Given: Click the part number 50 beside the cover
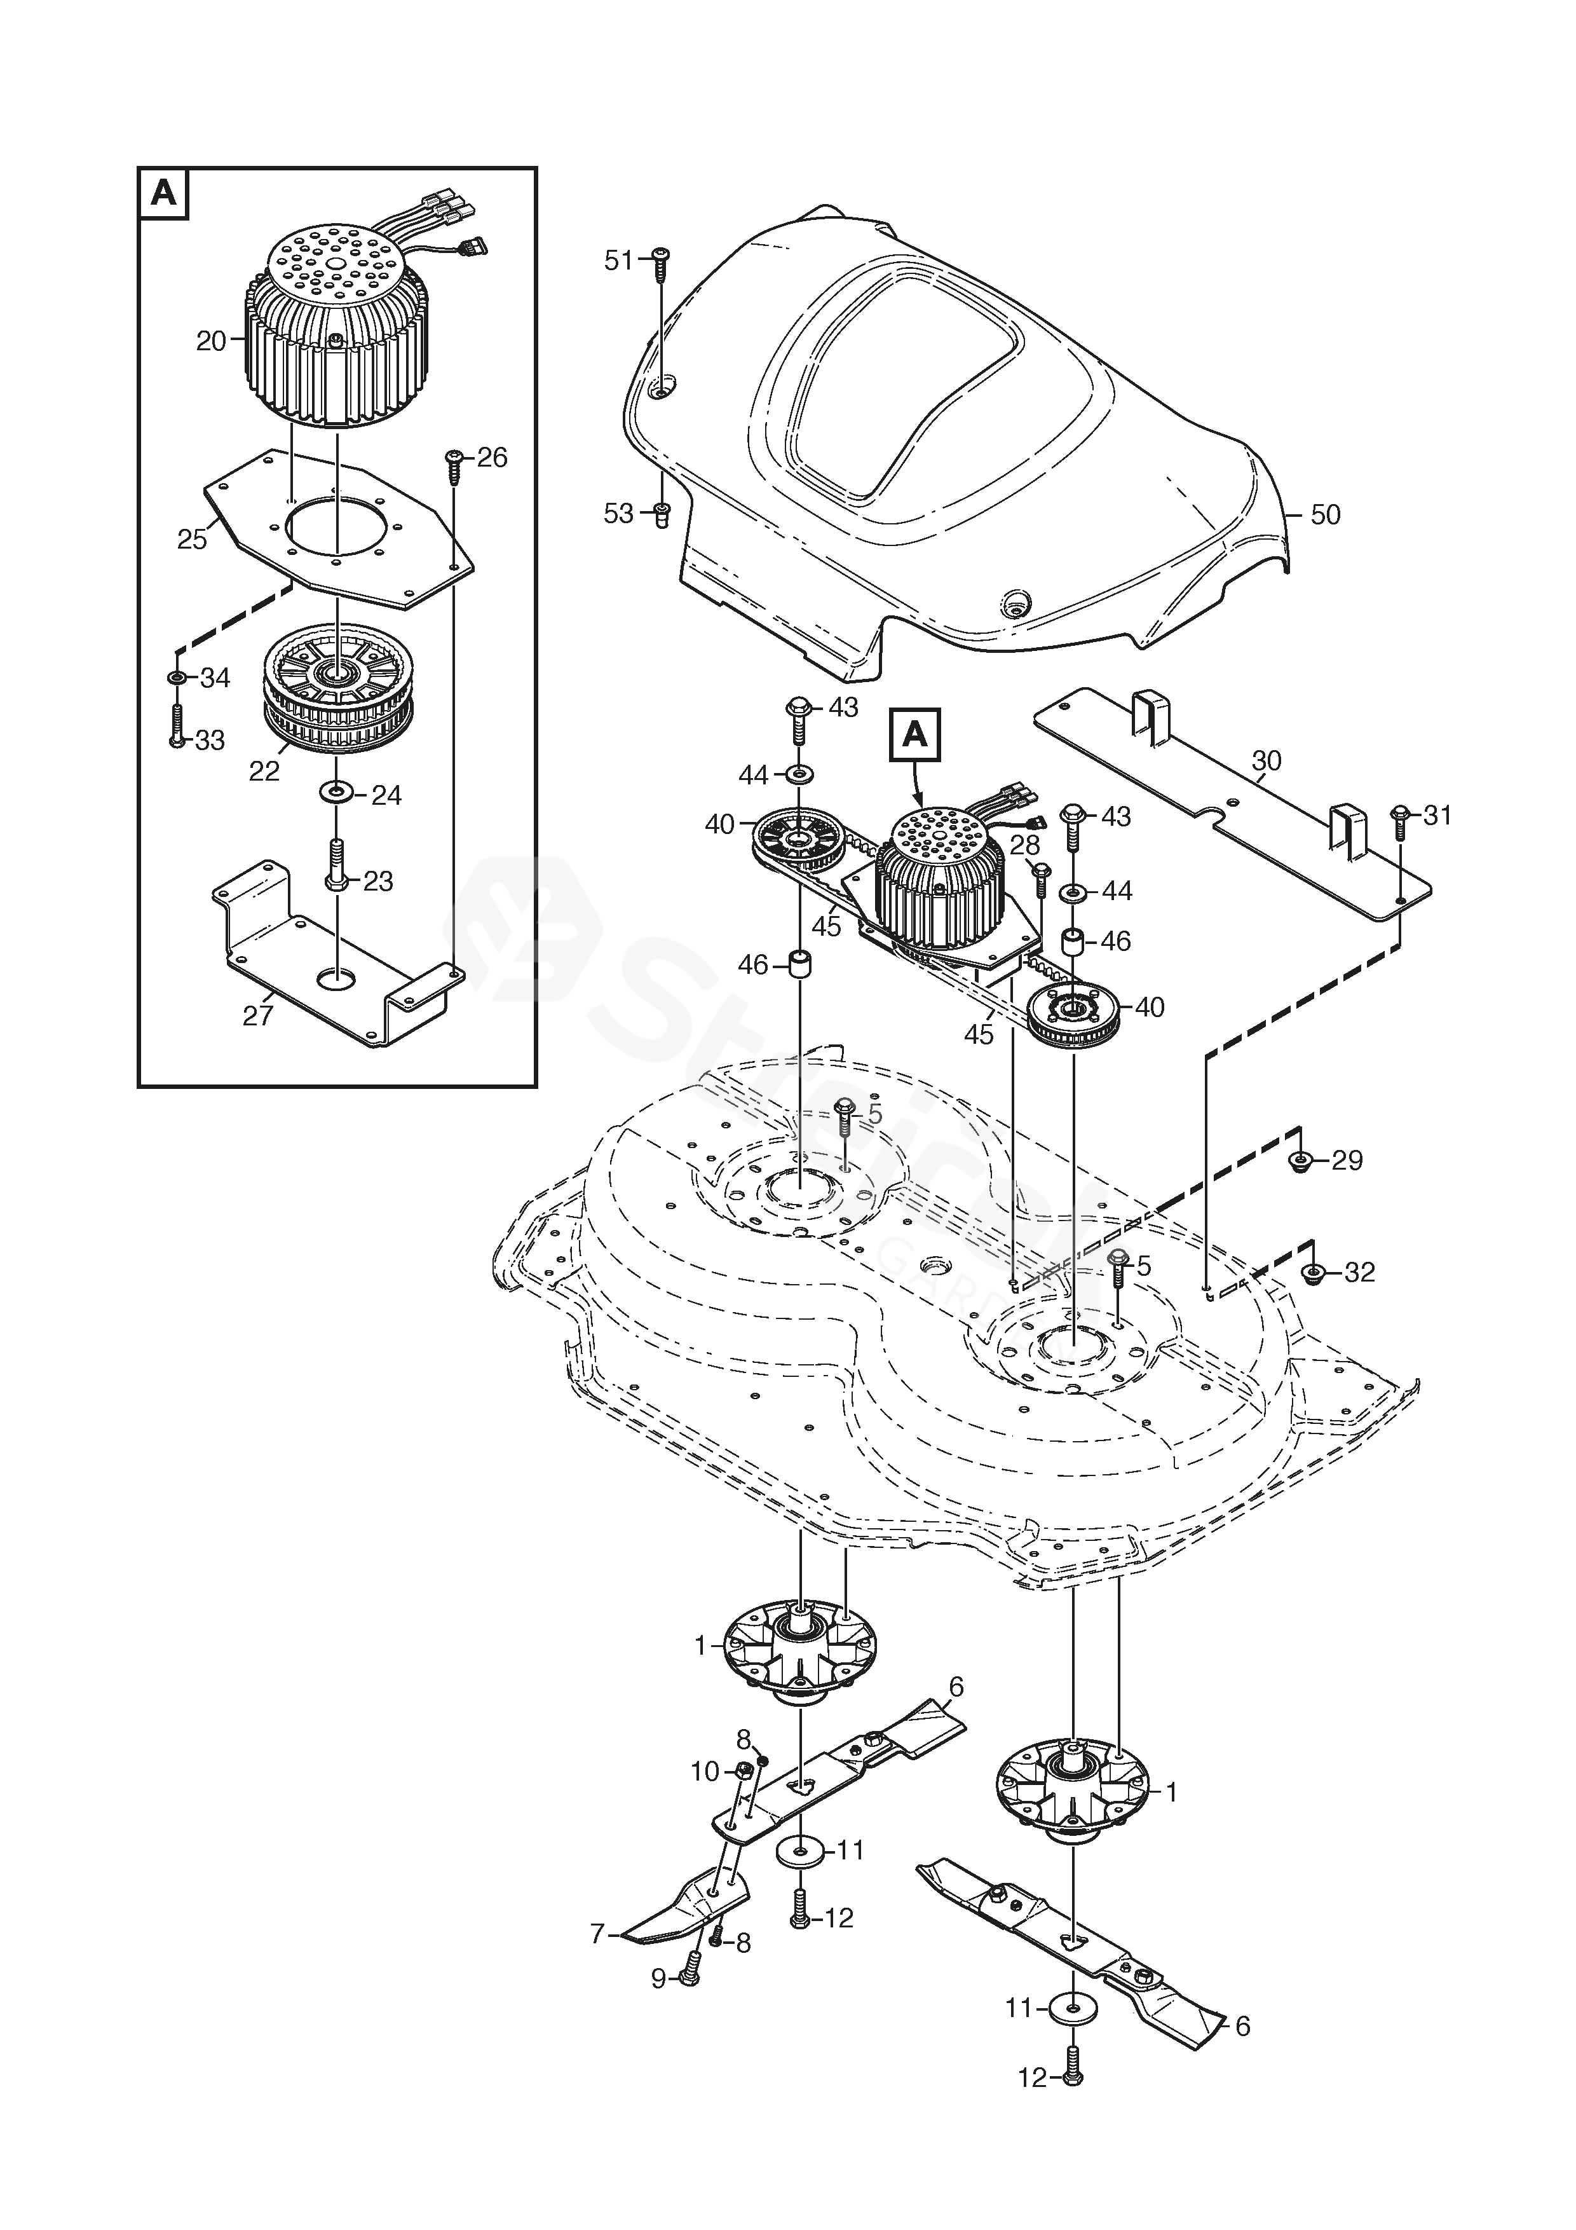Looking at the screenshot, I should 1326,515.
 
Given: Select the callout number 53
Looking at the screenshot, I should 618,514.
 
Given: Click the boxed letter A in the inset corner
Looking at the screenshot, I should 164,193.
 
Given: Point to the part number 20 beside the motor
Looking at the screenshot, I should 211,341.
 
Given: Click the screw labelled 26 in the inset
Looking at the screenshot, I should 454,464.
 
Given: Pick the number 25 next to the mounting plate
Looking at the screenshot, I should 191,539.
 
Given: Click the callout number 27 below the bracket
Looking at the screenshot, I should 257,1016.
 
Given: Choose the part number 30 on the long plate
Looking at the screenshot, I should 1267,760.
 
